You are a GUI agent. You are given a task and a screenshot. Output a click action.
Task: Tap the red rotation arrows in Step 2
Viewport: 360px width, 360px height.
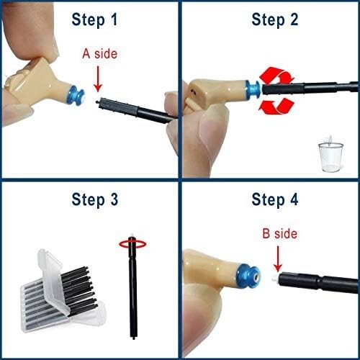click(x=273, y=91)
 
